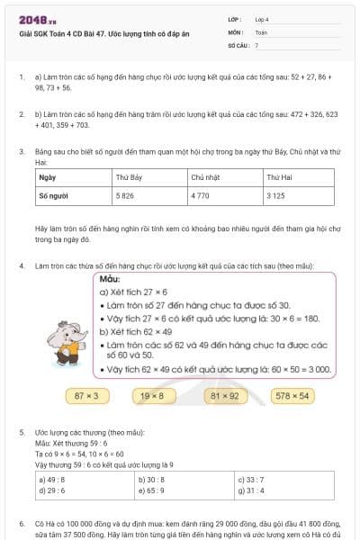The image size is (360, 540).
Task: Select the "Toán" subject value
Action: tap(261, 31)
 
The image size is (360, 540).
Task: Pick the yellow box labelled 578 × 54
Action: tap(292, 394)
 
